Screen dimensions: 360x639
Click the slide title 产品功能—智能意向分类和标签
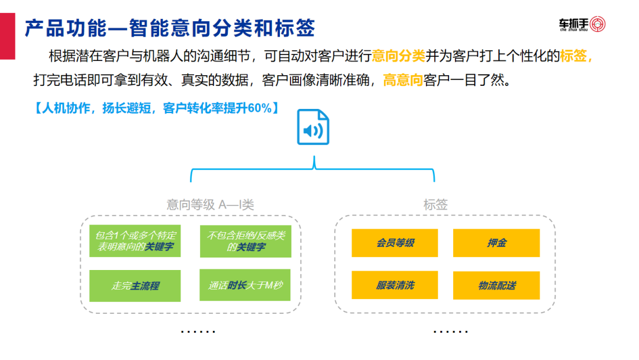(170, 27)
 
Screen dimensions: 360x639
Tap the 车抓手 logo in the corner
(582, 24)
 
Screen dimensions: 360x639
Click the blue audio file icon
(313, 127)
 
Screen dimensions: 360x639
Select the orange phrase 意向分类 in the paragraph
(399, 56)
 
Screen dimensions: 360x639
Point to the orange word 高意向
(403, 80)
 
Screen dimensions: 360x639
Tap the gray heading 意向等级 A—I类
(210, 205)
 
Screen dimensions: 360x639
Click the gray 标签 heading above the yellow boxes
(435, 205)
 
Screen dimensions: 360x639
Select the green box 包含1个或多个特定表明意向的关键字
(135, 241)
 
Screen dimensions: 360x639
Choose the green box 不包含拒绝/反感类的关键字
(246, 241)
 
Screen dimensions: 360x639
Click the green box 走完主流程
(135, 285)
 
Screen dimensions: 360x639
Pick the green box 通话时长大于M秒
(246, 285)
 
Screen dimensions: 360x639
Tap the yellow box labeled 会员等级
(395, 243)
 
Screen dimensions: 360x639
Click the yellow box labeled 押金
(496, 243)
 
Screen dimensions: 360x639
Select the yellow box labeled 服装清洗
(395, 285)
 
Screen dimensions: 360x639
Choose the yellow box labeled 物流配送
(496, 285)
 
